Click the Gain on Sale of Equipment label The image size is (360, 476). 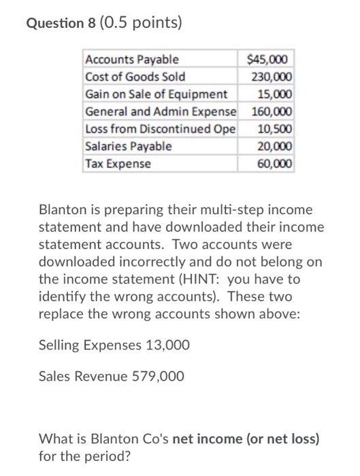156,94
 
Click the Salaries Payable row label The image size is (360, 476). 129,146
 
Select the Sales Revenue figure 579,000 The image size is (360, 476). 156,375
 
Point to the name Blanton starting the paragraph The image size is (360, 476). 63,208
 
